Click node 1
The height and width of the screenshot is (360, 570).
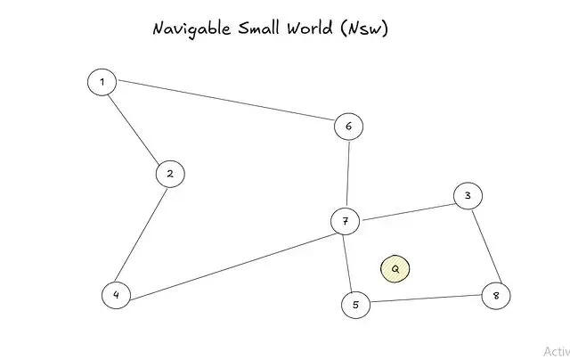(102, 82)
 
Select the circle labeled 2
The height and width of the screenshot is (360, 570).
(169, 174)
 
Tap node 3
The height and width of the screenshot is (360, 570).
(468, 196)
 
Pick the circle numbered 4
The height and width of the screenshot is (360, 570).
(116, 295)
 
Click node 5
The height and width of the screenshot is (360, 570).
(355, 305)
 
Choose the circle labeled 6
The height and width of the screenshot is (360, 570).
(348, 127)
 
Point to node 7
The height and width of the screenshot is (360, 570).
(345, 221)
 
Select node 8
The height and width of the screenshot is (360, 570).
(496, 296)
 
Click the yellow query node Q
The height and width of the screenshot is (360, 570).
(395, 268)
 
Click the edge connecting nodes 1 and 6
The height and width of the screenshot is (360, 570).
(225, 102)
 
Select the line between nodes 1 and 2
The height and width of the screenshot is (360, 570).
(135, 128)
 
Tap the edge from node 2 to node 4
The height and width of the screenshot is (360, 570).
(142, 234)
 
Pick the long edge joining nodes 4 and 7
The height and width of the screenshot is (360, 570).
(230, 258)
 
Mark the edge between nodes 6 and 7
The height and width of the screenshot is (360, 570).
(347, 174)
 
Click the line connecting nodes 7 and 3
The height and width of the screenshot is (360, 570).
(406, 209)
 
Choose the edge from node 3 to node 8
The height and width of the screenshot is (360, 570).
(482, 246)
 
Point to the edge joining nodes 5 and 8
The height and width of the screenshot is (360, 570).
(426, 300)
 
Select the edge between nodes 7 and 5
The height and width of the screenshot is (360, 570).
(350, 263)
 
